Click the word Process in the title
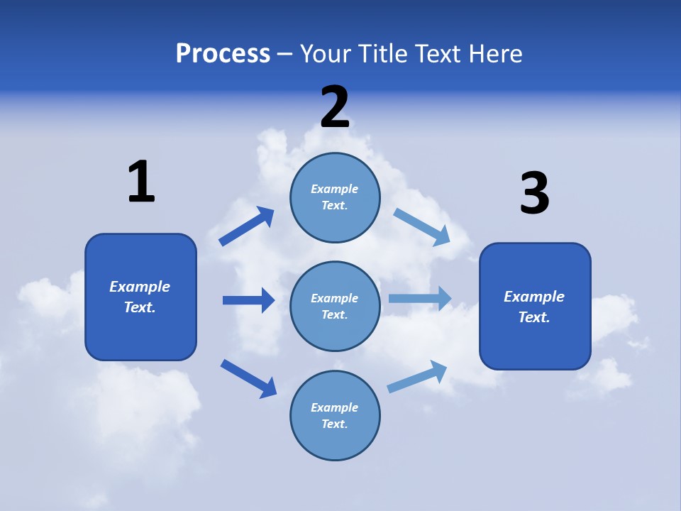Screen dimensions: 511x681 (223, 54)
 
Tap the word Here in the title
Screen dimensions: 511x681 (494, 54)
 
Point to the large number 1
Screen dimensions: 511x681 (140, 182)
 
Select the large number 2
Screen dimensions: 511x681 (335, 106)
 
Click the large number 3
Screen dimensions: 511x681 (534, 193)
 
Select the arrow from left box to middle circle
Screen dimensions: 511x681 (248, 300)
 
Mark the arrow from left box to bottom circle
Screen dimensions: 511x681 (248, 378)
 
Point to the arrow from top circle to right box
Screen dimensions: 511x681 (421, 226)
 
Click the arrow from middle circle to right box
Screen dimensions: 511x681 (420, 299)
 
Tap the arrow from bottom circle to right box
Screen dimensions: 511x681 (417, 377)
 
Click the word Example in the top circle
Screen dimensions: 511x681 (335, 189)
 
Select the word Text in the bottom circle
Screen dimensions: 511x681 (333, 424)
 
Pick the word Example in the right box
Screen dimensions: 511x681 (534, 297)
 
